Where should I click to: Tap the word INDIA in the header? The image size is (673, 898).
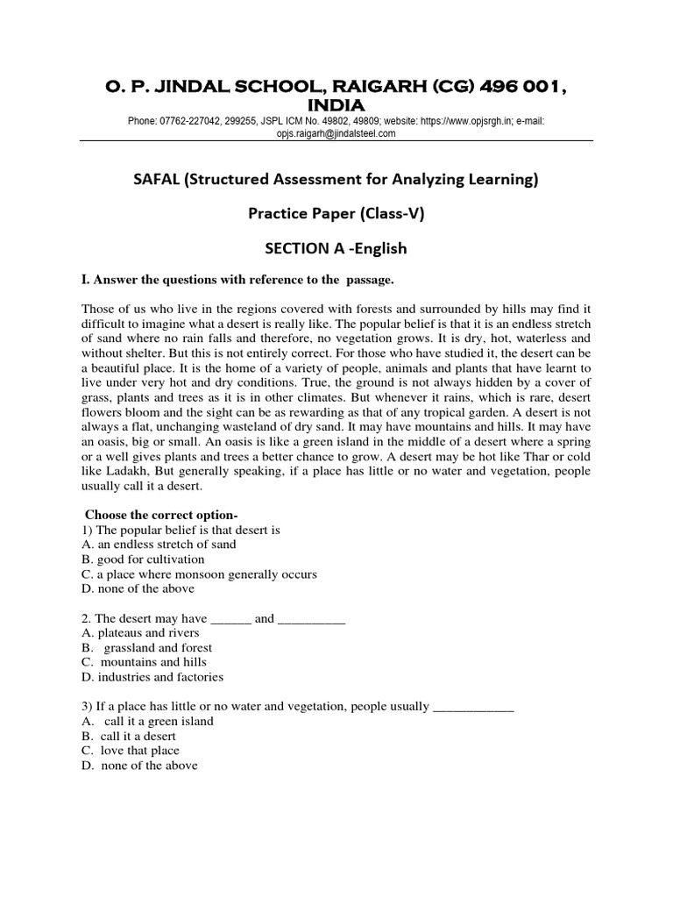click(336, 105)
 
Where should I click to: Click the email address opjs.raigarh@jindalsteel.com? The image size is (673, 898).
click(336, 133)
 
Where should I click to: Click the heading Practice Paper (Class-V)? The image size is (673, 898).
click(336, 214)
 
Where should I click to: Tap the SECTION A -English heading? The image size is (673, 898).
click(336, 248)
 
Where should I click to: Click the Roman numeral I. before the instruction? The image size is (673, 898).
click(85, 280)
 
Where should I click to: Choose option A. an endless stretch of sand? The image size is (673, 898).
click(159, 545)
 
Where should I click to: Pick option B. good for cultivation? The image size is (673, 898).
click(143, 559)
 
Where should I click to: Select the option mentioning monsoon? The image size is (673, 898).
click(199, 574)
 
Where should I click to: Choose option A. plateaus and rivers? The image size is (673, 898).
click(140, 632)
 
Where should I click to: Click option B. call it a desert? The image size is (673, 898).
click(130, 736)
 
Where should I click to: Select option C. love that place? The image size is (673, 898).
click(131, 751)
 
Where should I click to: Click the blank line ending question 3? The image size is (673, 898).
click(473, 707)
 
